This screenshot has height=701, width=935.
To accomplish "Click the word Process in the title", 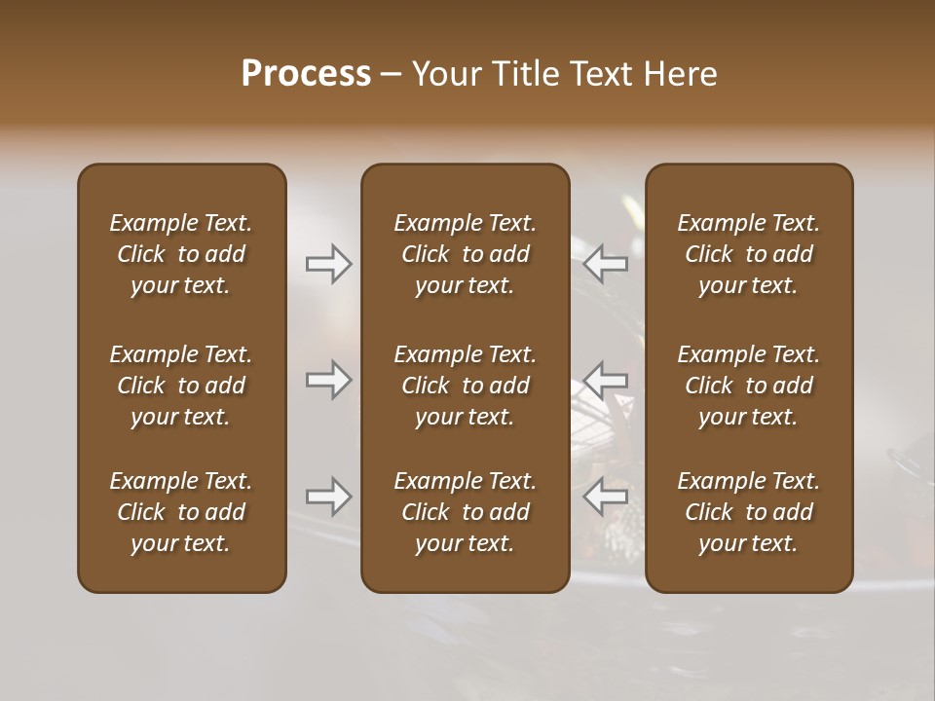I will click(x=306, y=74).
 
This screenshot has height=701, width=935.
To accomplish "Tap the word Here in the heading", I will click(x=682, y=74).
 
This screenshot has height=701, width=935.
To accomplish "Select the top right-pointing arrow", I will click(x=328, y=264).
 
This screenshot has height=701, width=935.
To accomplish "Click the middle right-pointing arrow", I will click(x=328, y=380).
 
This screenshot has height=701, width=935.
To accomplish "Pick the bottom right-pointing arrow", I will click(x=328, y=497).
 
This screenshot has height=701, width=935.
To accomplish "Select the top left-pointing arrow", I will click(x=606, y=264).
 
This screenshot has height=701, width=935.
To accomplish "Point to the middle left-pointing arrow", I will click(x=606, y=380).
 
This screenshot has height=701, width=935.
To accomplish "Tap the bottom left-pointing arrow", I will click(x=606, y=497).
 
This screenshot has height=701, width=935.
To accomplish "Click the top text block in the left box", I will click(x=181, y=254).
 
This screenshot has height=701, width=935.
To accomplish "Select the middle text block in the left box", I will click(x=181, y=386).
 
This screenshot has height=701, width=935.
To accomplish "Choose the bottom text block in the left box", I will click(x=181, y=512).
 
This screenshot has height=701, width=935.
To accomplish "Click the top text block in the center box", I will click(x=465, y=254).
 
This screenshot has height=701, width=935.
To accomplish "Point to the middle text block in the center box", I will click(x=465, y=386).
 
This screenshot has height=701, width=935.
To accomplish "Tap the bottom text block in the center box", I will click(x=465, y=512).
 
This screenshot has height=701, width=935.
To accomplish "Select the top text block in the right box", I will click(x=749, y=254).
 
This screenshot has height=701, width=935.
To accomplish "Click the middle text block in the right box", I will click(x=749, y=386).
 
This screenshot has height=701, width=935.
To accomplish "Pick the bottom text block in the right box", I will click(x=749, y=512).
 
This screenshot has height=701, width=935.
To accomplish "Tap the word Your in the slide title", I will click(x=445, y=74).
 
